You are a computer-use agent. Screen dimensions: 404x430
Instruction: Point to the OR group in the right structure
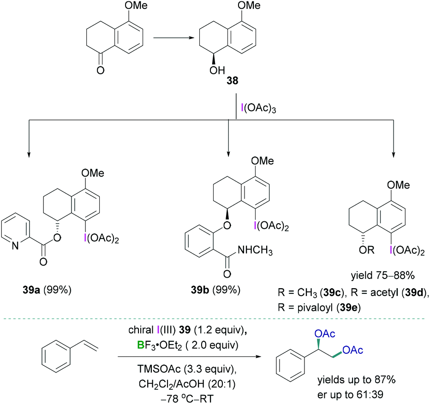pos(354,251)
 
